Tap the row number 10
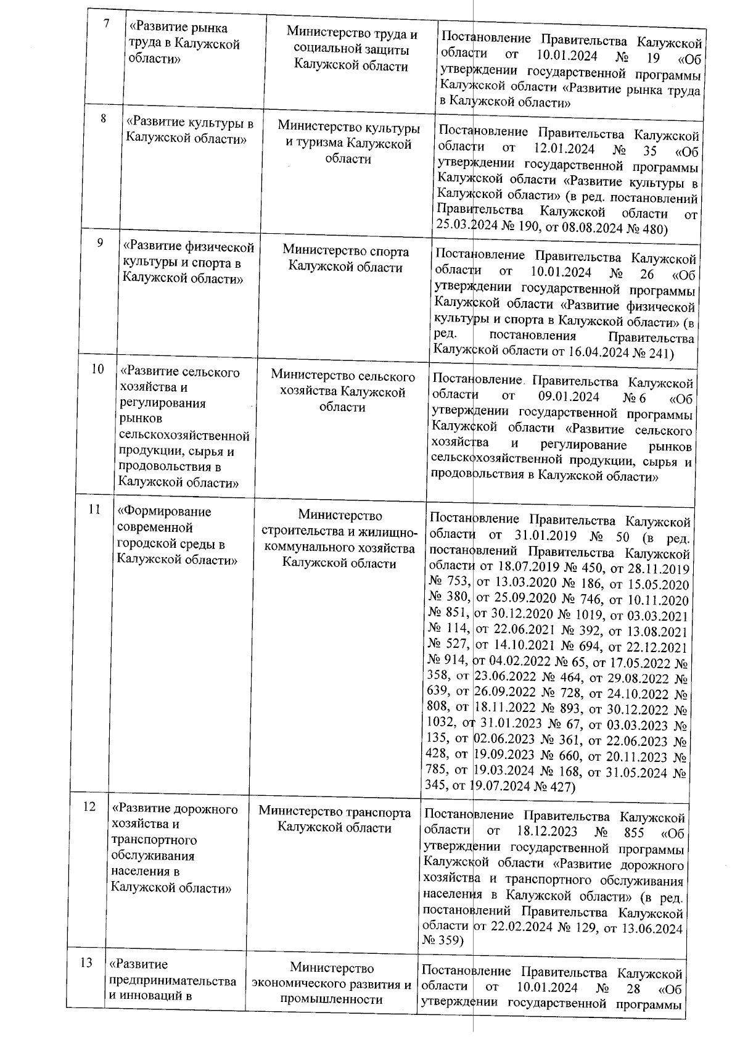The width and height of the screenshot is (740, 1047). point(97,369)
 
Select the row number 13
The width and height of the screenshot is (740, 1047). point(87,962)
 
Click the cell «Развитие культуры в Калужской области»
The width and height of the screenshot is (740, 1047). point(189,131)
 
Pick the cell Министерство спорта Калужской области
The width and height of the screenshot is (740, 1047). point(345,260)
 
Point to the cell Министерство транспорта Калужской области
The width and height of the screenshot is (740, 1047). point(334,819)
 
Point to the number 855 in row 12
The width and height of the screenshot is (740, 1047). point(632,833)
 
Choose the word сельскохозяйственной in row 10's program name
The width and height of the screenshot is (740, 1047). point(184,436)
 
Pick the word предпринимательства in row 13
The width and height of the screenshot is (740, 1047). point(172,980)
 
